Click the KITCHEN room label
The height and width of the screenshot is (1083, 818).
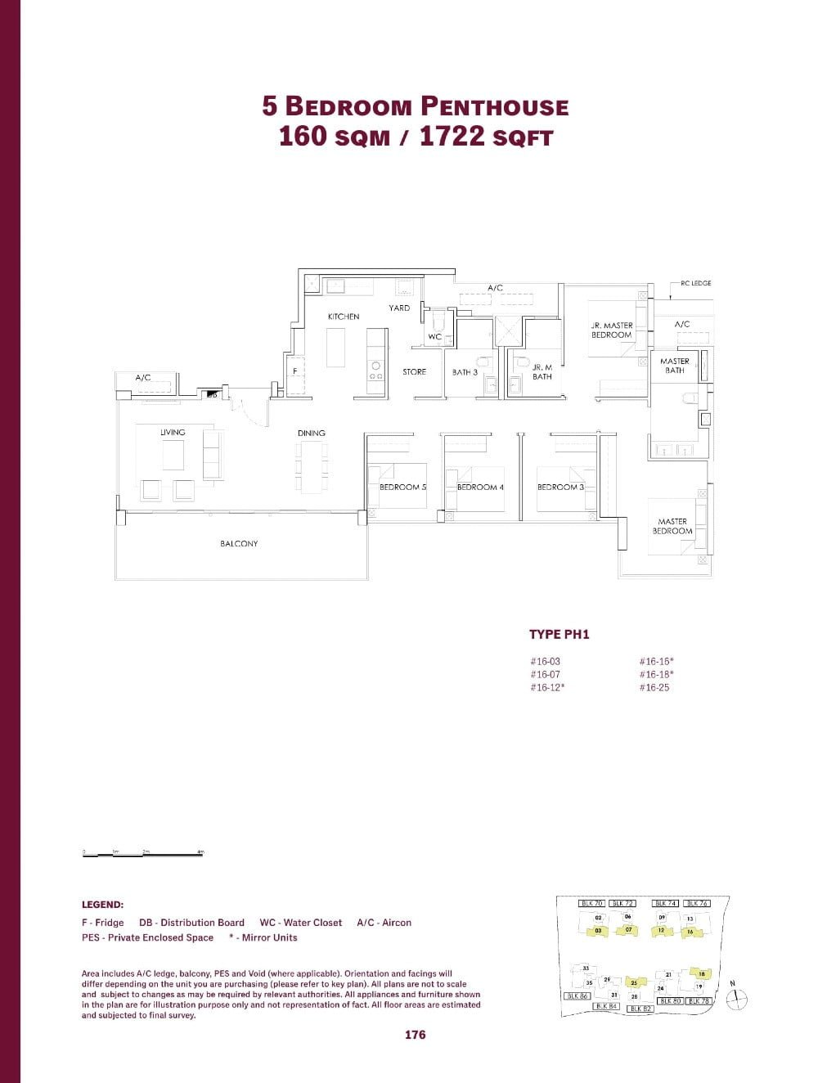tap(344, 317)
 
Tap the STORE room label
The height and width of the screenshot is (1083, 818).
tap(414, 372)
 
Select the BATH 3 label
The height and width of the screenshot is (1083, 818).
tap(465, 372)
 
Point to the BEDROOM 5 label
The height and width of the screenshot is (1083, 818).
tap(402, 488)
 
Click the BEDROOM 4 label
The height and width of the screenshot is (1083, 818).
tap(480, 488)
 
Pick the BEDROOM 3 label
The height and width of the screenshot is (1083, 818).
tap(560, 488)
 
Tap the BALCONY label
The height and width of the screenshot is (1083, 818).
tap(239, 544)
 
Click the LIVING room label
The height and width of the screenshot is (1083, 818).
tap(173, 433)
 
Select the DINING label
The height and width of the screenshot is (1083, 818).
tap(312, 433)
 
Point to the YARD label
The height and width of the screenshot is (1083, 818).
tap(399, 308)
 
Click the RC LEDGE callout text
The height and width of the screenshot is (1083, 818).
tap(696, 284)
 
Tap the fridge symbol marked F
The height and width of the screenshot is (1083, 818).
tap(294, 371)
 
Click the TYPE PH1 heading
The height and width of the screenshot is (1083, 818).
tap(560, 635)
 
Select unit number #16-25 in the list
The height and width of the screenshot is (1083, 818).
tap(654, 688)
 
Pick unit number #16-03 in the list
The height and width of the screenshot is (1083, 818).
tap(545, 662)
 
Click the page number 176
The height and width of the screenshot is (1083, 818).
tap(416, 1035)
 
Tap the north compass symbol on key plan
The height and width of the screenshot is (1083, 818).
tap(738, 997)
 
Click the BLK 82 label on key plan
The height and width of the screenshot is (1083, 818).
tap(640, 1009)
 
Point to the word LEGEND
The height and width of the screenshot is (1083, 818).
tap(102, 905)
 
